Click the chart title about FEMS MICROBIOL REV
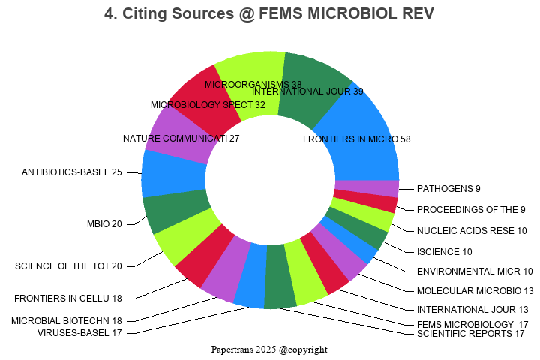click(269, 14)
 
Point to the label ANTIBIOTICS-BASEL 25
click(72, 172)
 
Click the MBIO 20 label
click(104, 223)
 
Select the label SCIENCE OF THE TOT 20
click(68, 265)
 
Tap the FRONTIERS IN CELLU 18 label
click(67, 298)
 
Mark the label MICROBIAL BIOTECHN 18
click(67, 321)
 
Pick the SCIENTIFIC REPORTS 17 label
click(470, 333)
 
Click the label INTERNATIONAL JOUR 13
click(472, 309)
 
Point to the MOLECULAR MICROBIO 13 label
click(475, 290)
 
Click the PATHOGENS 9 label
click(448, 188)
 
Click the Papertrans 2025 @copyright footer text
click(269, 349)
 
